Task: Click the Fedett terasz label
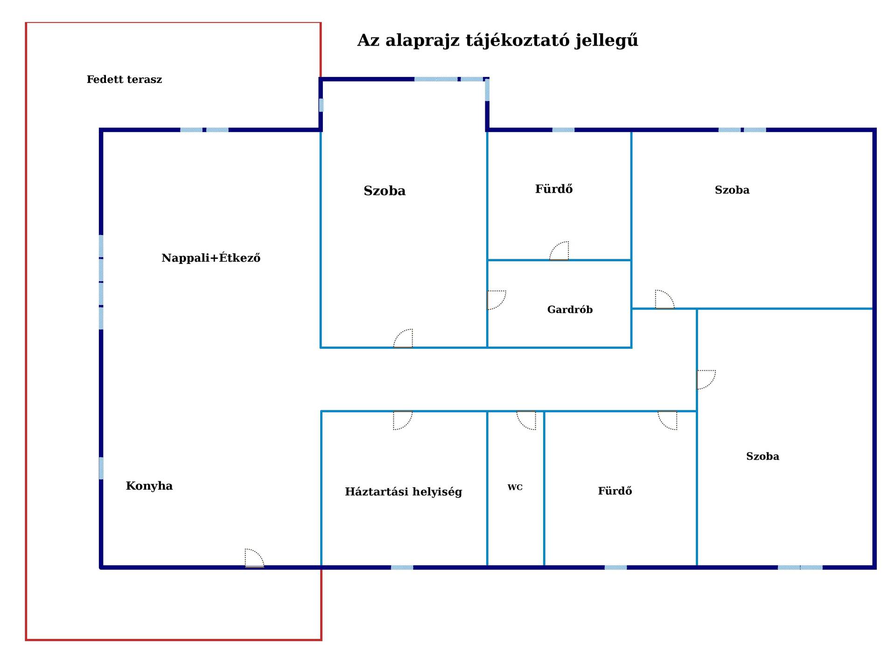(124, 79)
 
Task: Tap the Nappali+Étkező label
(211, 257)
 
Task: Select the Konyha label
(149, 486)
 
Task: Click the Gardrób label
(570, 310)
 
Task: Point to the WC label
(515, 487)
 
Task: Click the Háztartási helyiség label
(404, 491)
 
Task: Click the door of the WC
(526, 420)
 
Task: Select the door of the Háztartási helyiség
(403, 420)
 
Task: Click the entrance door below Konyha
(254, 558)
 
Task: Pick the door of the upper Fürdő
(559, 251)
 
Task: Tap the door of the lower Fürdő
(667, 420)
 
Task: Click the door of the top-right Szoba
(665, 299)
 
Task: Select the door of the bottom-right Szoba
(706, 380)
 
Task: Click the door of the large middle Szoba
(403, 339)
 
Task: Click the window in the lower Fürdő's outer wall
(616, 567)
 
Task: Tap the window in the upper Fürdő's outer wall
(563, 130)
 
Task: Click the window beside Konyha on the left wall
(101, 468)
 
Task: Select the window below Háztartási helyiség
(402, 567)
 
